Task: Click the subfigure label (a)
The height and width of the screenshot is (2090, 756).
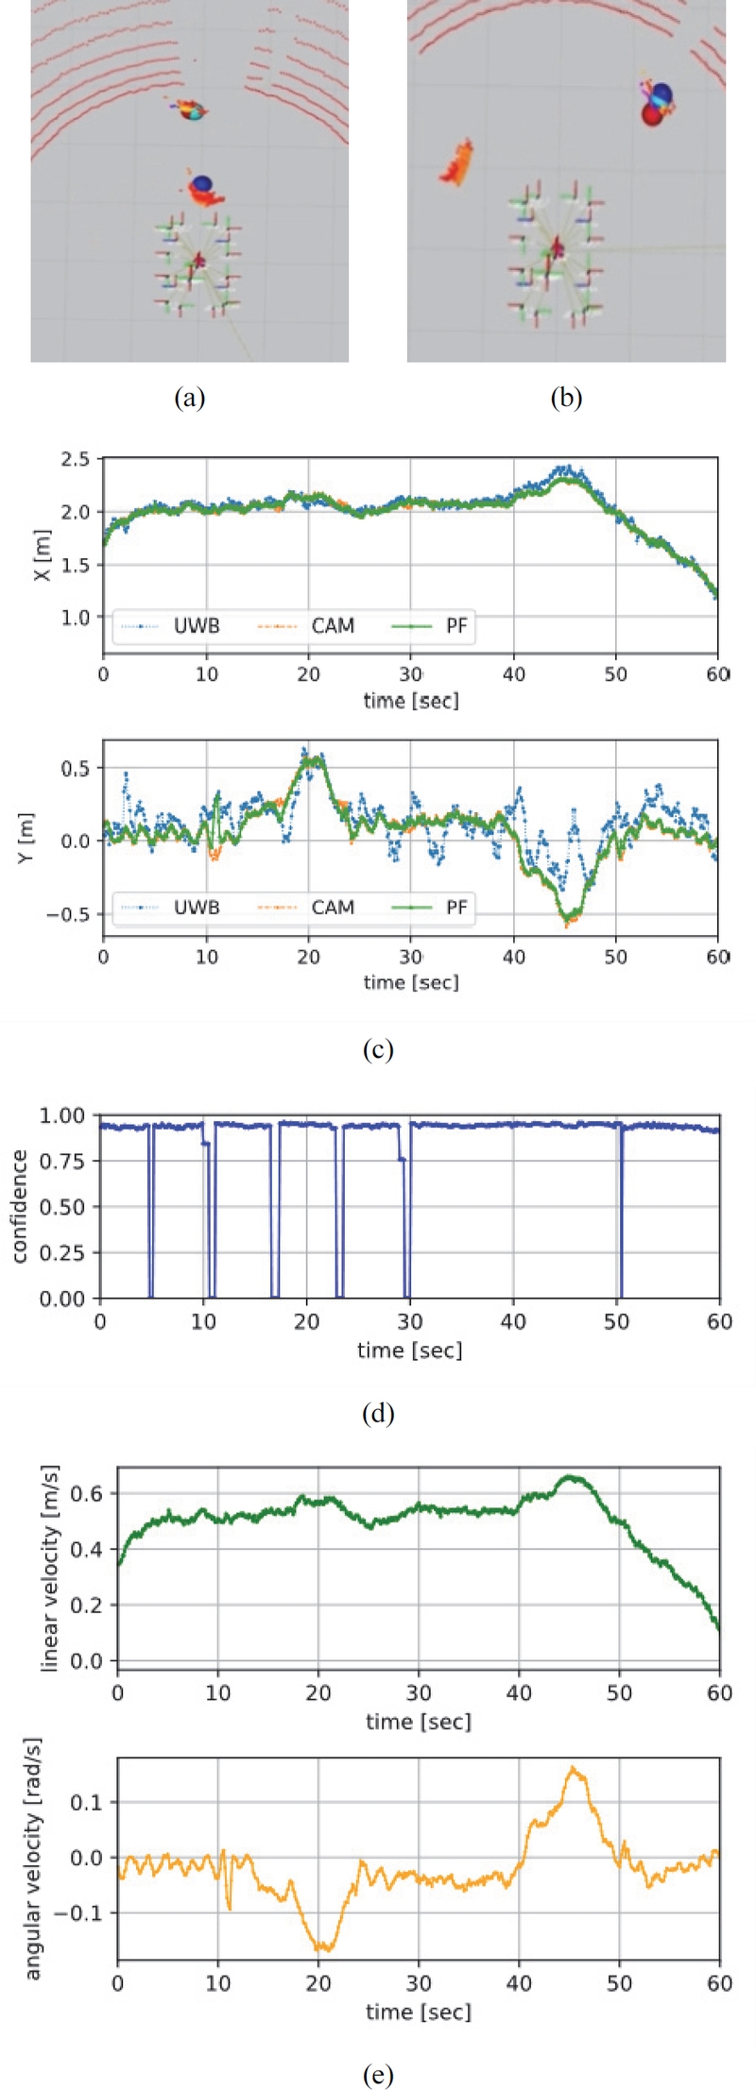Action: pos(190,398)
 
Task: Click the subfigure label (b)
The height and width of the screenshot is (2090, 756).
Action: pos(566,398)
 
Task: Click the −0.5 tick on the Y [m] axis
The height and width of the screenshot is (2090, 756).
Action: pos(69,914)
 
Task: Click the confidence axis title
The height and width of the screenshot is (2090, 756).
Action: pos(18,1206)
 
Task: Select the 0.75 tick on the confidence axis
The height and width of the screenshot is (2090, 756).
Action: pos(61,1161)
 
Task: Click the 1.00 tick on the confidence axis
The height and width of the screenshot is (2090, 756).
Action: pos(61,1115)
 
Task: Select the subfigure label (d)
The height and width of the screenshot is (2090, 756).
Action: pos(378,1414)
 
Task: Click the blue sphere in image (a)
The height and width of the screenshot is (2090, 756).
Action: pos(200,183)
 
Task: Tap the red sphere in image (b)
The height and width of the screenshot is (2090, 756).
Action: pos(651,114)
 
